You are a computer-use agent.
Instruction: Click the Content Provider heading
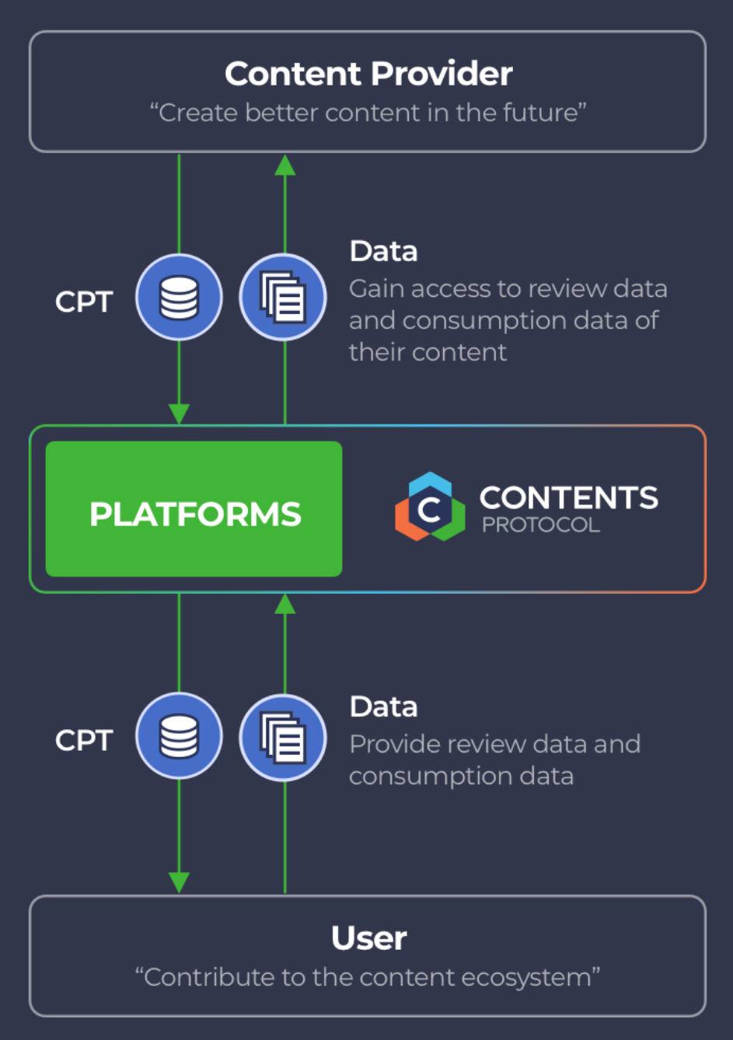(x=368, y=75)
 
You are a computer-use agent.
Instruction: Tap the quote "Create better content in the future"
(x=368, y=113)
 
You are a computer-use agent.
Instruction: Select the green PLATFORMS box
(x=194, y=510)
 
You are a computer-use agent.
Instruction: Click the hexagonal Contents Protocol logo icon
(x=430, y=507)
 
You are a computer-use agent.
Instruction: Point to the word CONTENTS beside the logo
(x=568, y=497)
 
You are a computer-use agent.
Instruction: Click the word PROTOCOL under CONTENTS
(x=541, y=525)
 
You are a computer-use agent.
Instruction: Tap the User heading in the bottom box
(x=368, y=938)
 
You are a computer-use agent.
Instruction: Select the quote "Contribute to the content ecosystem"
(x=368, y=977)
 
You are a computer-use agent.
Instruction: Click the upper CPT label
(x=84, y=302)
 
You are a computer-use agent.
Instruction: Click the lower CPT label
(x=84, y=740)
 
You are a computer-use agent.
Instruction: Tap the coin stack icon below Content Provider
(x=179, y=298)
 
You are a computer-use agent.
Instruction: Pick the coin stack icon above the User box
(x=179, y=736)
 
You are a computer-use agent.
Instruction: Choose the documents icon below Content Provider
(x=284, y=298)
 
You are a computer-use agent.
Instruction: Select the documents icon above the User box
(x=284, y=736)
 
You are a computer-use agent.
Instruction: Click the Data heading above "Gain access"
(x=384, y=252)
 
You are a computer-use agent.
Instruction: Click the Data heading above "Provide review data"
(x=384, y=707)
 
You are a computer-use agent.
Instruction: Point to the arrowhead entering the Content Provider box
(x=285, y=164)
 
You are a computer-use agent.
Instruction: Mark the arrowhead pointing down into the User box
(x=179, y=882)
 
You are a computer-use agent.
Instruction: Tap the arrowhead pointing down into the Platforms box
(x=179, y=414)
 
